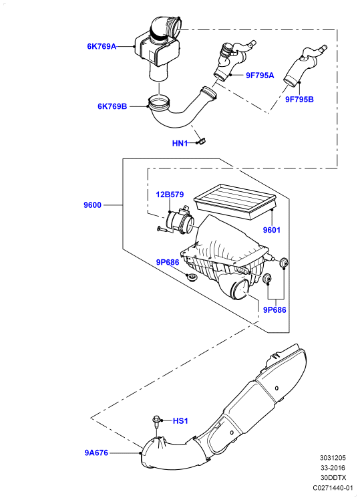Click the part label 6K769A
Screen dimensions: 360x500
coord(102,47)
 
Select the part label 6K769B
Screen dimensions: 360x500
coord(112,106)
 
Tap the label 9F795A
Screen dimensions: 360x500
coord(260,76)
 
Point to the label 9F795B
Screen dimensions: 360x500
coord(299,99)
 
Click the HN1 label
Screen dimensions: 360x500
coord(180,143)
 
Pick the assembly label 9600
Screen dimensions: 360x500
coord(92,205)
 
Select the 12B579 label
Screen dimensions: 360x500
coord(170,195)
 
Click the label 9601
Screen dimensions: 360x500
coord(271,229)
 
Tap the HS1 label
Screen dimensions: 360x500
coord(180,421)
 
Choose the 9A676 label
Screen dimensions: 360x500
coord(96,453)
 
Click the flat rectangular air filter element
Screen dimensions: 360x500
coord(236,201)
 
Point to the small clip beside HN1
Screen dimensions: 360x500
coord(202,141)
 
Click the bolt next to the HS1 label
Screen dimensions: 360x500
coord(156,423)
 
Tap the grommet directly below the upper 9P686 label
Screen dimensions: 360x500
coord(192,277)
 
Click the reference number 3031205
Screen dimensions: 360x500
coord(333,458)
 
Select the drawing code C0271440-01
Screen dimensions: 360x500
coord(333,487)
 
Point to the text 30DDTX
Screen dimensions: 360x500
coord(333,478)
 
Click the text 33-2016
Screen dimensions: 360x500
coord(333,468)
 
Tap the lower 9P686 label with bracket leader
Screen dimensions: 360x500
coord(275,309)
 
